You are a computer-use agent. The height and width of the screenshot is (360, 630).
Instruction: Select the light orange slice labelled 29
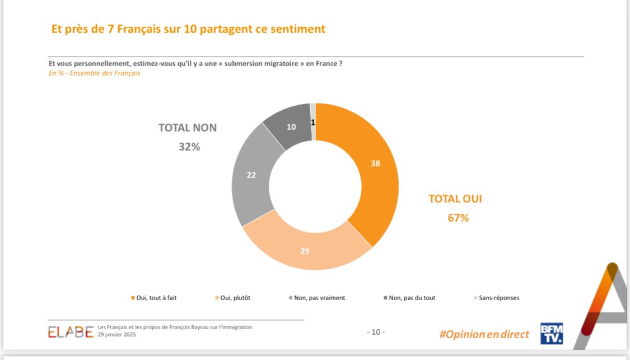click(x=305, y=251)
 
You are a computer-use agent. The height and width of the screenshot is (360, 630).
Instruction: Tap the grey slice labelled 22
click(x=251, y=175)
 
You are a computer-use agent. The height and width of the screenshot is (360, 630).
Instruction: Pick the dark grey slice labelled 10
click(x=291, y=127)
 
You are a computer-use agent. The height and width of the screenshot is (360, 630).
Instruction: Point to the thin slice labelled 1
click(x=313, y=121)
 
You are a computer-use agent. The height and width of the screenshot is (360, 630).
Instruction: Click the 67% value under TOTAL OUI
click(x=458, y=218)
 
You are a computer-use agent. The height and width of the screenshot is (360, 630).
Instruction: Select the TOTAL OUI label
click(x=455, y=199)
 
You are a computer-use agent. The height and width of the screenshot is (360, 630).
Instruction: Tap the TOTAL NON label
click(x=187, y=128)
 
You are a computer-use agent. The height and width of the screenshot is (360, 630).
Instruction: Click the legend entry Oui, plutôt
click(x=232, y=298)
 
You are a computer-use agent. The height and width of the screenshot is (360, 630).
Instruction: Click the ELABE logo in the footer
click(x=71, y=332)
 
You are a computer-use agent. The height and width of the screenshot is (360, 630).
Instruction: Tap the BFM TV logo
click(x=551, y=333)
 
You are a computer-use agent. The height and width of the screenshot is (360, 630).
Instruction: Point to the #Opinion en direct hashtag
click(x=484, y=334)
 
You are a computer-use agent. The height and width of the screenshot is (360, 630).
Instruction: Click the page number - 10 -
click(x=375, y=333)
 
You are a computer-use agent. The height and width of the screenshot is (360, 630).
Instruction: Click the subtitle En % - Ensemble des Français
click(x=95, y=73)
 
